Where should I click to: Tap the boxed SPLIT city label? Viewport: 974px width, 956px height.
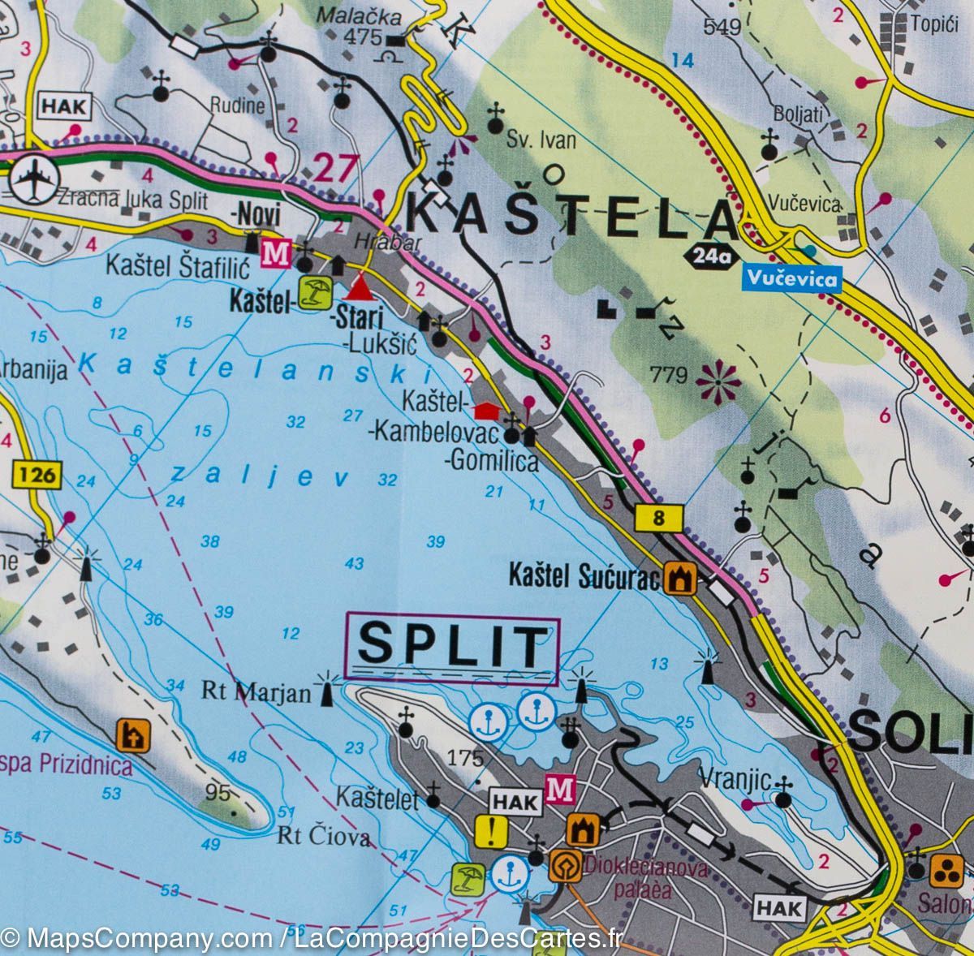pyautogui.click(x=452, y=647)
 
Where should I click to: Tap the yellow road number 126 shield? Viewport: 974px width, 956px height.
pyautogui.click(x=37, y=474)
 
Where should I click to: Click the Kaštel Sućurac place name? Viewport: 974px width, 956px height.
pyautogui.click(x=584, y=575)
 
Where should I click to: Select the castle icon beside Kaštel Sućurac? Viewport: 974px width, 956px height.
pyautogui.click(x=679, y=579)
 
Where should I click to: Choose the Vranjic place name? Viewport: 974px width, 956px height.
pyautogui.click(x=743, y=780)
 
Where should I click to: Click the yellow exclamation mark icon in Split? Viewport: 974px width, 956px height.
pyautogui.click(x=492, y=830)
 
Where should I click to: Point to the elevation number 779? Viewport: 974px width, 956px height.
pyautogui.click(x=669, y=375)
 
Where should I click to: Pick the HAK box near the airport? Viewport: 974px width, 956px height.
pyautogui.click(x=64, y=105)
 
